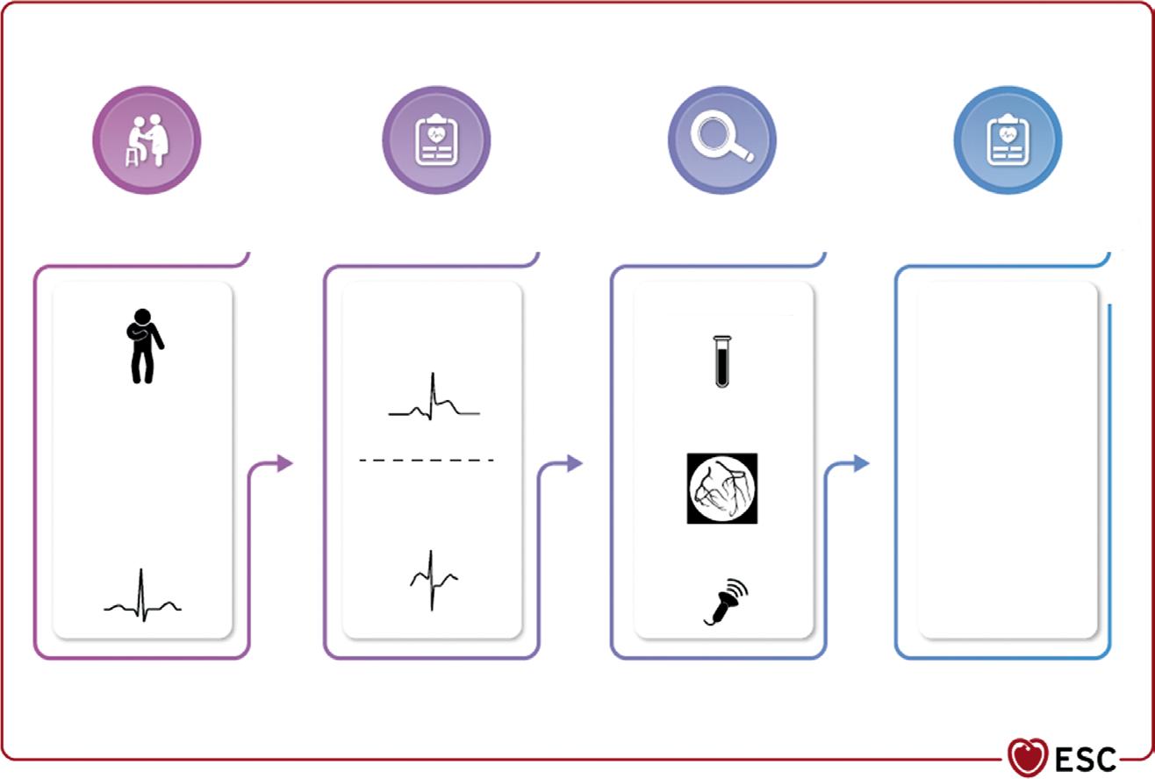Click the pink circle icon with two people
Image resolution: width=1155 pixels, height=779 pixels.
(x=147, y=140)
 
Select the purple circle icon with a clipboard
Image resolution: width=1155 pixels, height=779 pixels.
(x=436, y=140)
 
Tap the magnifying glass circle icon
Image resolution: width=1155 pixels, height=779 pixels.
(x=721, y=140)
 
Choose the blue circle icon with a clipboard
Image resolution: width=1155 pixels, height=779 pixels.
(x=1008, y=140)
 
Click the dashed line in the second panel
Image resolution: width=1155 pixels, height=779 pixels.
(x=427, y=460)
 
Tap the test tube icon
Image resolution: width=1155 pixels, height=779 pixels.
(x=721, y=360)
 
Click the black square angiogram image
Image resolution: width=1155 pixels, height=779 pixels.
(x=721, y=489)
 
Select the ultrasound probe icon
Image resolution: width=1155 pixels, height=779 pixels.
(x=726, y=602)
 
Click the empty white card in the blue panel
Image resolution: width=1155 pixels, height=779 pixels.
(x=1008, y=460)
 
